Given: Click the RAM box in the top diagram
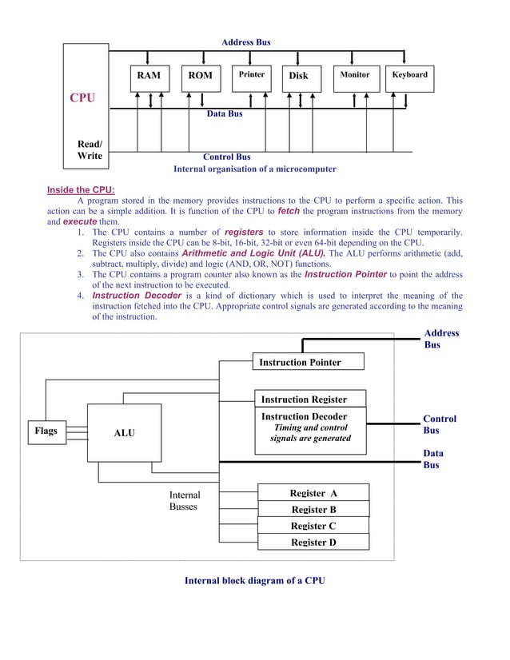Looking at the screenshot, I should (x=148, y=76).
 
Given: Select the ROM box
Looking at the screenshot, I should (x=200, y=76).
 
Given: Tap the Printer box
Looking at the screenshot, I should (x=252, y=76).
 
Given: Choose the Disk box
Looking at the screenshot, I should (x=298, y=76).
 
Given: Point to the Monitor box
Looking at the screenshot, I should (x=354, y=75).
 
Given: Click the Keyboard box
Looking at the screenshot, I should (x=410, y=75).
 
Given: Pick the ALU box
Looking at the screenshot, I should (x=124, y=432).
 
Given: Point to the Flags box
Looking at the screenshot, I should (x=46, y=431).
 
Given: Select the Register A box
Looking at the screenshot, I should (x=313, y=492).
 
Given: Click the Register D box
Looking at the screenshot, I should (x=313, y=542).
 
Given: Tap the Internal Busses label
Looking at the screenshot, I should (x=185, y=501).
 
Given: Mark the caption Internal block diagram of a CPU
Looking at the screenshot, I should (x=255, y=580).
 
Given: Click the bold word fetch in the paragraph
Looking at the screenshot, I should (x=288, y=211).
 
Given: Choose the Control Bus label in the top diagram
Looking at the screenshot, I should (x=226, y=157).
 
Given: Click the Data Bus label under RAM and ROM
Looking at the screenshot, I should (x=225, y=114).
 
